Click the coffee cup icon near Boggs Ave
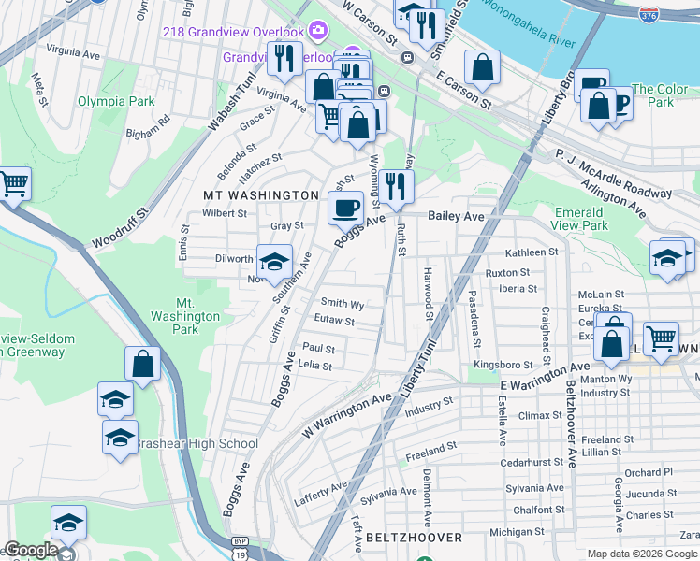coord(346,208)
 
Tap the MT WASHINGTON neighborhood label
coord(261,194)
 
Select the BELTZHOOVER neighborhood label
coord(414,538)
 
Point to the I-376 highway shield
coord(648,13)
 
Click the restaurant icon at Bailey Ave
coord(397,186)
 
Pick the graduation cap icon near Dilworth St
coord(274,263)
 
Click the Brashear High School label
coord(197,444)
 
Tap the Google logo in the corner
coord(30,550)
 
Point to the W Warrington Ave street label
coord(345,410)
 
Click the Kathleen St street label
coord(531,252)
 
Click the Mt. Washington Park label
coord(197,316)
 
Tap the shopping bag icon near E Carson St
coord(482,67)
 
